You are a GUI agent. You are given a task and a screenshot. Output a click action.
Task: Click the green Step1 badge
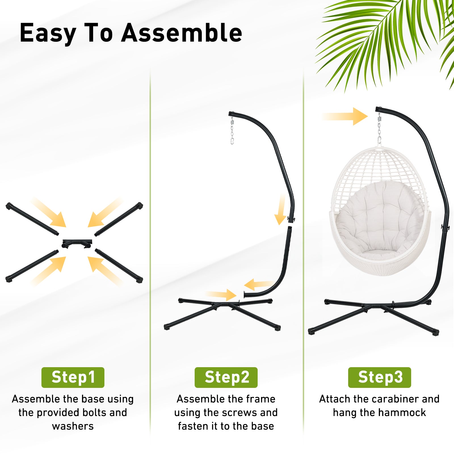click(x=73, y=377)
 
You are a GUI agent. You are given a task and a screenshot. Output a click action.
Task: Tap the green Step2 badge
click(x=226, y=377)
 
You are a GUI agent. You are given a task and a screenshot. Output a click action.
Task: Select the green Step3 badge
click(x=380, y=377)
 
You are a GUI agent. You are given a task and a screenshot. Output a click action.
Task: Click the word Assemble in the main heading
click(x=182, y=33)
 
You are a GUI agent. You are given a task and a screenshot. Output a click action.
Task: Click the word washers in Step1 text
click(x=73, y=426)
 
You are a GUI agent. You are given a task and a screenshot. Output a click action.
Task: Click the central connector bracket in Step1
click(x=77, y=243)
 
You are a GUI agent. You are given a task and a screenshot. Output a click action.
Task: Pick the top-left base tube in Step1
click(x=32, y=219)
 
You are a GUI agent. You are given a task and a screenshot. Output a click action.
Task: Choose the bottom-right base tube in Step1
click(x=119, y=266)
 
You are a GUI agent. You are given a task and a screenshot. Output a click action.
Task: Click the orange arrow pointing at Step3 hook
click(x=345, y=116)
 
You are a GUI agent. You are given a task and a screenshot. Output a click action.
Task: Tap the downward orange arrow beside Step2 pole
click(x=281, y=210)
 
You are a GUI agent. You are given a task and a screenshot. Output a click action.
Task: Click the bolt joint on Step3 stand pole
click(x=445, y=228)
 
